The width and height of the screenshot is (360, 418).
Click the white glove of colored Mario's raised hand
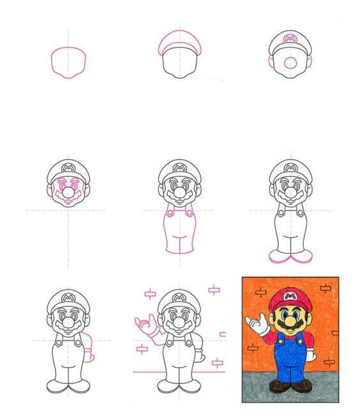(x=260, y=327)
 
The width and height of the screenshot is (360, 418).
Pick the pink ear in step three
(x=309, y=63)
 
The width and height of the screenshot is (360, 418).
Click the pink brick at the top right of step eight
(x=214, y=290)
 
